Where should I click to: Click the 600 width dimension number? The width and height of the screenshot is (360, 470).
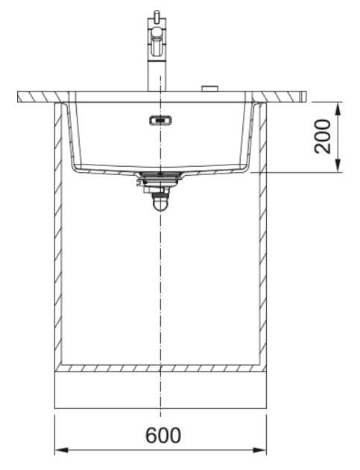pyautogui.click(x=163, y=435)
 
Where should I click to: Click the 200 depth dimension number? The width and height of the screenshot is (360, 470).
pyautogui.click(x=323, y=137)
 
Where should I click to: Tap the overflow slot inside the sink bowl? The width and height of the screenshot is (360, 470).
pyautogui.click(x=161, y=121)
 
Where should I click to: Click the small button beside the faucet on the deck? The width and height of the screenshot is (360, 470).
pyautogui.click(x=209, y=89)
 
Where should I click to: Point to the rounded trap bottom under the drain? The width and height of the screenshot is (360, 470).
pyautogui.click(x=160, y=204)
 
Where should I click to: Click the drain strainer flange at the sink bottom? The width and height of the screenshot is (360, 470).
pyautogui.click(x=161, y=174)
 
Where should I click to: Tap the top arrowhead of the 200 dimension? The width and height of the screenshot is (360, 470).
pyautogui.click(x=338, y=109)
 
